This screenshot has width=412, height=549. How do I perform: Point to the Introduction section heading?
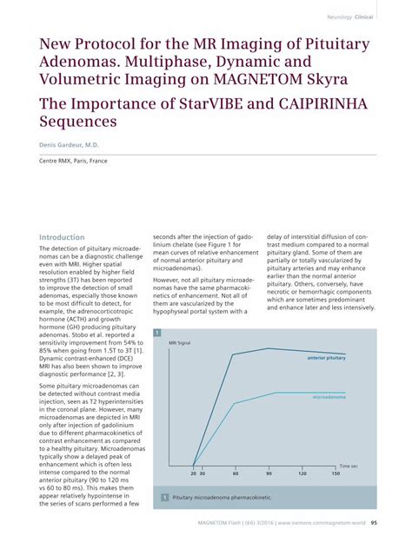click(x=63, y=237)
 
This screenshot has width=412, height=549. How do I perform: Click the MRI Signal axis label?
click(x=180, y=343)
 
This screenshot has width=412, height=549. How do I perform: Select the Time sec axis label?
click(x=348, y=466)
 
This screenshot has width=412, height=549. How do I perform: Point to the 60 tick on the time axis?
click(x=236, y=473)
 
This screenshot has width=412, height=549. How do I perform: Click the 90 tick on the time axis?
click(x=269, y=473)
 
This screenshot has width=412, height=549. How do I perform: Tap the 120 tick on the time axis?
click(x=302, y=473)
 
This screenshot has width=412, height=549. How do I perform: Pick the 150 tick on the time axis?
click(x=336, y=473)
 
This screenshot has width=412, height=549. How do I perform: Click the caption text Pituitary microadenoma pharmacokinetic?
click(x=222, y=498)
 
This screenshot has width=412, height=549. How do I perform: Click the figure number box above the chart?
click(x=157, y=334)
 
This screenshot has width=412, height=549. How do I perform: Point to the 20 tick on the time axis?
click(x=193, y=473)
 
